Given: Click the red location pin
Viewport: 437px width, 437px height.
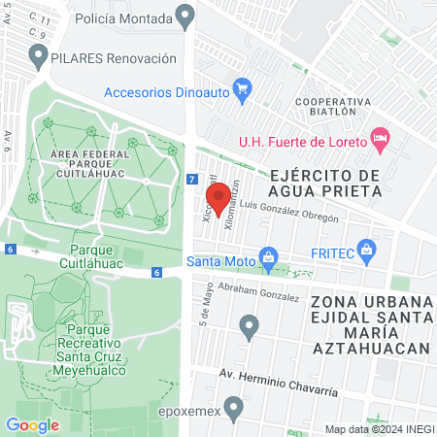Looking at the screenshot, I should click(218, 197).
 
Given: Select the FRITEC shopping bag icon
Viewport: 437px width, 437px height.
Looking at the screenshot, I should click(366, 250).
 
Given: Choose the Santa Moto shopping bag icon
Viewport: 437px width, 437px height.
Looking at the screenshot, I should click(266, 258).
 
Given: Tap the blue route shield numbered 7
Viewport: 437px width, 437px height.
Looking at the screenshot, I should click(192, 181).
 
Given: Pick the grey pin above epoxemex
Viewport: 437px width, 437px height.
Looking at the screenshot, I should click(232, 405).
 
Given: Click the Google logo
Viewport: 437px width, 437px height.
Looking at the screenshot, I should click(32, 424).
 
